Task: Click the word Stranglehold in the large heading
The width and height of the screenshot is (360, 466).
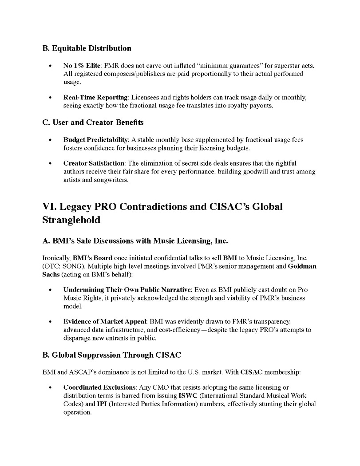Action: pyautogui.click(x=71, y=220)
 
